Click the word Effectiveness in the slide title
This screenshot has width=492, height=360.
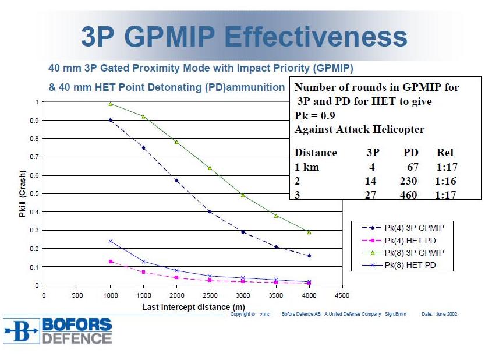[316, 37]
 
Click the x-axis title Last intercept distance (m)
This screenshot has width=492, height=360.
[193, 307]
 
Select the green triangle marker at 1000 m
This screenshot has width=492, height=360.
[110, 104]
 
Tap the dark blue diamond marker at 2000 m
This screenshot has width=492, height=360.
[177, 181]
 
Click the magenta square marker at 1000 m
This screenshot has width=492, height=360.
[110, 262]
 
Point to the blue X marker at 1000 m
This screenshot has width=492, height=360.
[110, 241]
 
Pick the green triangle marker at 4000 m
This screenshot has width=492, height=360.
[309, 232]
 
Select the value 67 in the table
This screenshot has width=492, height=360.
[412, 167]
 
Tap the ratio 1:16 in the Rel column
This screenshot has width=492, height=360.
[445, 181]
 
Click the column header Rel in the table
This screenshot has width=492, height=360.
[445, 153]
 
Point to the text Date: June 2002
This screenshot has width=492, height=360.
[440, 314]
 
